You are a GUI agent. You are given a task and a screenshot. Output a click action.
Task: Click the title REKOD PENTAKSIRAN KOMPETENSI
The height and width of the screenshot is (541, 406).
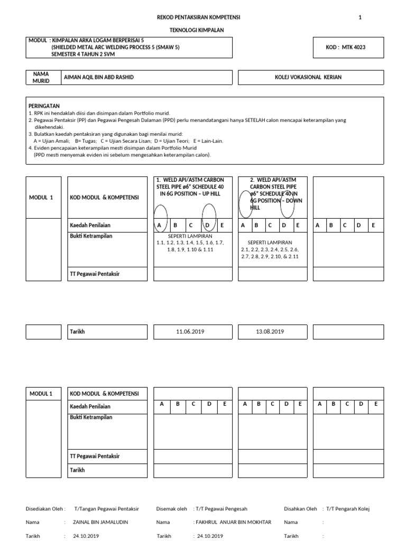coord(198,17)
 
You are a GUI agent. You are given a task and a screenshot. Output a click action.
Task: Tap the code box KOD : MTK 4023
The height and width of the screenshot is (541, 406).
coord(346,48)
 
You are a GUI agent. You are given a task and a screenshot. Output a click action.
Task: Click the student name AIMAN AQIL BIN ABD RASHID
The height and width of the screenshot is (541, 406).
coord(99,77)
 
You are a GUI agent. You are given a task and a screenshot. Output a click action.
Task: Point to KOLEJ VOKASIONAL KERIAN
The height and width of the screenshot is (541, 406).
coord(309,77)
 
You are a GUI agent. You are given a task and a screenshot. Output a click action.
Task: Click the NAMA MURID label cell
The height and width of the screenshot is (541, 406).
coord(41,78)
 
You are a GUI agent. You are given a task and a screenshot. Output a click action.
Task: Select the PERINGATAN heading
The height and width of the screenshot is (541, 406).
coord(44,106)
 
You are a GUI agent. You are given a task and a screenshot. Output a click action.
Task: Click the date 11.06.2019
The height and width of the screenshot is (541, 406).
coord(191,331)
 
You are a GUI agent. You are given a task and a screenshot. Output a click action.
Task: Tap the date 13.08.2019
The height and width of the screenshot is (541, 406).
coord(270,331)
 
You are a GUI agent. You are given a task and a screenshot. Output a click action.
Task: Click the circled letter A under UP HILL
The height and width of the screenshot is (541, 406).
coord(159,226)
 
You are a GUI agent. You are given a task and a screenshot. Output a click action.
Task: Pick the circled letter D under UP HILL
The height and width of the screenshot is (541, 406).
coord(208,226)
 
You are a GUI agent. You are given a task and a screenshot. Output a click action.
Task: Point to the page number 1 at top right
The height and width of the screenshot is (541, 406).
coord(360,17)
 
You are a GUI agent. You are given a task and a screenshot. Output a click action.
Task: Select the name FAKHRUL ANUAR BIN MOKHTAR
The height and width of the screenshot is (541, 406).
coord(233,522)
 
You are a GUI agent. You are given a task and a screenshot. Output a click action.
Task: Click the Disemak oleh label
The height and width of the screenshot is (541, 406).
coord(172,509)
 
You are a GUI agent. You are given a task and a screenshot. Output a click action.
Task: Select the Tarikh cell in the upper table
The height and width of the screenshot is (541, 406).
coord(78,331)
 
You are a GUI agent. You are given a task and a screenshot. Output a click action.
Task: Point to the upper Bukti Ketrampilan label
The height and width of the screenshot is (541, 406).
coord(91,236)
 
